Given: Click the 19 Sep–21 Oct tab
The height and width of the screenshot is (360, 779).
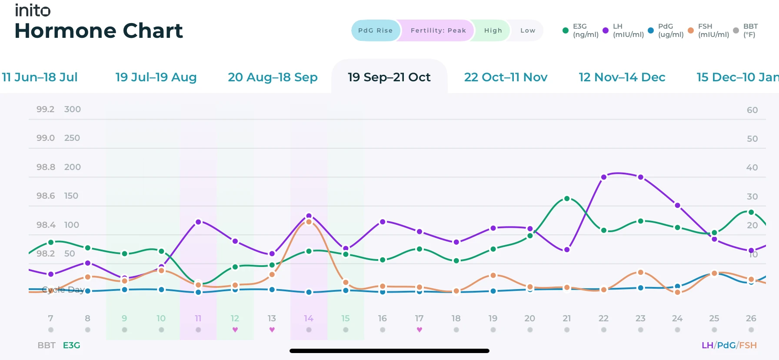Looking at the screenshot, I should click(389, 77).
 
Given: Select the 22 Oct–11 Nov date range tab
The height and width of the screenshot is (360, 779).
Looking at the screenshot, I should click(506, 77).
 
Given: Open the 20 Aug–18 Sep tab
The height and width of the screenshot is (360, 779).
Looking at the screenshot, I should click(273, 77).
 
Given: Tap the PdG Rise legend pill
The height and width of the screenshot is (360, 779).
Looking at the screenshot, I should click(375, 30).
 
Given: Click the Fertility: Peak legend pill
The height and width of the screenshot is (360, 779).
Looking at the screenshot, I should click(438, 30).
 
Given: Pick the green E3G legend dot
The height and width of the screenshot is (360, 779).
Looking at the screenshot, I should click(566, 30).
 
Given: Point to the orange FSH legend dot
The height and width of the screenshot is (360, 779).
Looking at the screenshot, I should click(691, 30).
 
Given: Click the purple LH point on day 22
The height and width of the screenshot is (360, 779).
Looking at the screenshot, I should click(603, 177).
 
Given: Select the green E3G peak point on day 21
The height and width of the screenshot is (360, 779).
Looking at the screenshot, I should click(567, 199).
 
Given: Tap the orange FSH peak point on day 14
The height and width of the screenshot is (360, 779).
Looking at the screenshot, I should click(309, 222).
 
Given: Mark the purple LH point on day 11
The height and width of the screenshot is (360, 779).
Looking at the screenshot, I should click(198, 222).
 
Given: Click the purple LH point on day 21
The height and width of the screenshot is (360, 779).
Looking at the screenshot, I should click(567, 250).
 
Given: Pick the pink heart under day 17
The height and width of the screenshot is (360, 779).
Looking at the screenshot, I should click(419, 330).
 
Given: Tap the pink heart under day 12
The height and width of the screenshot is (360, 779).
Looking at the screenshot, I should click(235, 330).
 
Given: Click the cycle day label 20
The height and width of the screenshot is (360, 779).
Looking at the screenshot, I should click(529, 318).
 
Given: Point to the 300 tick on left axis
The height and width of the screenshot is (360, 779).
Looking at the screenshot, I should click(72, 109).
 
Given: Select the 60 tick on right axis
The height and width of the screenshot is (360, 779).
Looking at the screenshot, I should click(752, 110).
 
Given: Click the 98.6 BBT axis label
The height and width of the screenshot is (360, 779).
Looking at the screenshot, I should click(46, 196).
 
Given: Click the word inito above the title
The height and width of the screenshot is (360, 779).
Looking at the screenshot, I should click(33, 10).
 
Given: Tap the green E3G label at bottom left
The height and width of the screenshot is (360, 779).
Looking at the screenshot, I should click(71, 345).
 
